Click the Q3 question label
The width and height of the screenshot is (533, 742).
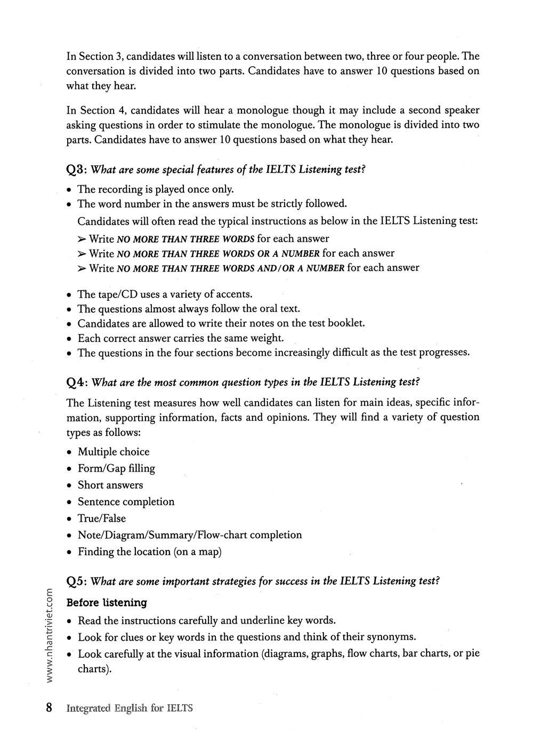click(x=76, y=170)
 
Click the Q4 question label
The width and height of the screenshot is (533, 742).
click(x=76, y=382)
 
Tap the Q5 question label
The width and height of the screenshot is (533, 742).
click(x=76, y=581)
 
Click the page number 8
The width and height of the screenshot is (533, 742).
click(x=49, y=708)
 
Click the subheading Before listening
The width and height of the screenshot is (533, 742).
click(x=107, y=603)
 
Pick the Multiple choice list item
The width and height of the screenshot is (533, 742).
click(x=114, y=452)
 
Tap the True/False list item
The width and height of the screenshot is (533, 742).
click(x=102, y=518)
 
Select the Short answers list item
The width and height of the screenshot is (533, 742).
click(x=110, y=485)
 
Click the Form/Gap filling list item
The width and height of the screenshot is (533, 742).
click(x=116, y=468)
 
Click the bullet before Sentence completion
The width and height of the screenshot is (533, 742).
click(x=69, y=502)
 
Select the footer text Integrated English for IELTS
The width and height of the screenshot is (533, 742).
click(x=130, y=708)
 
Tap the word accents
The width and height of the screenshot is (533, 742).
click(x=231, y=294)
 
